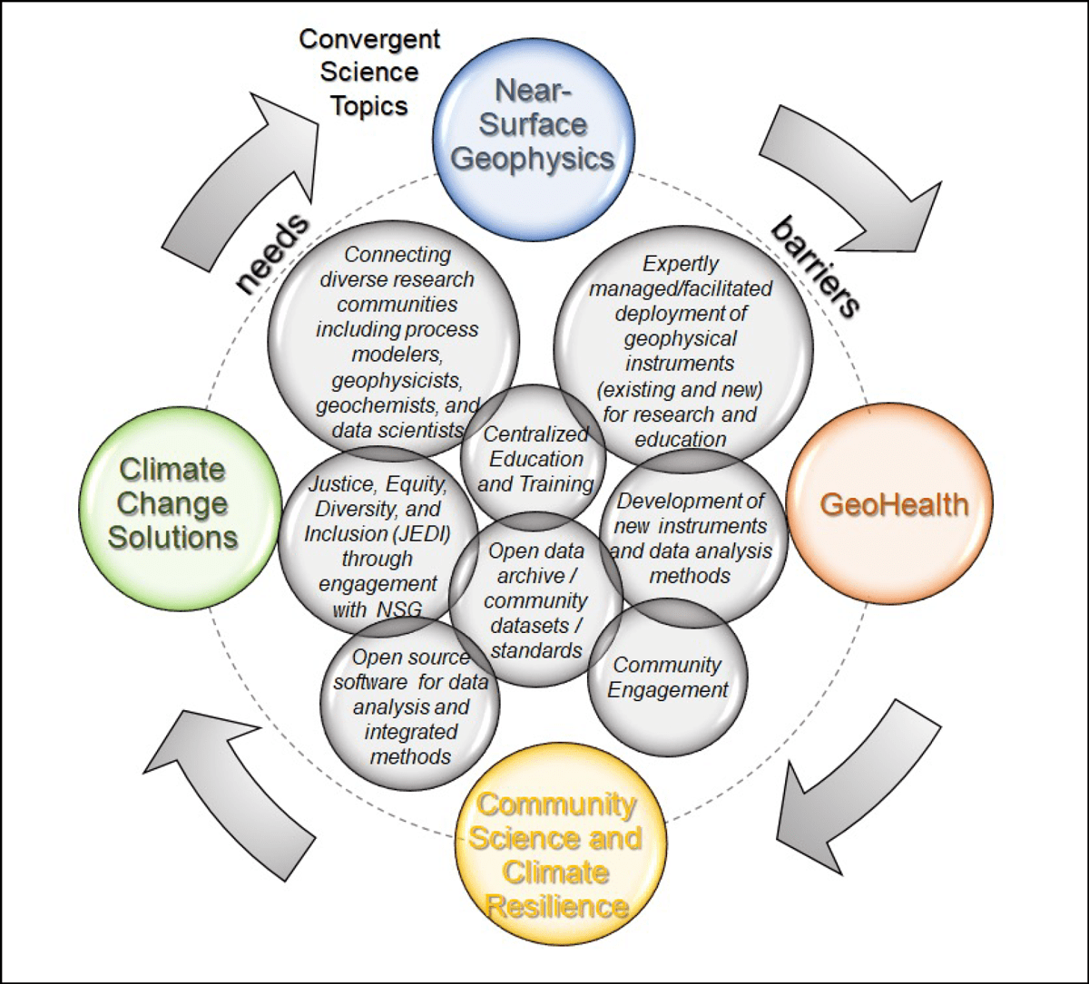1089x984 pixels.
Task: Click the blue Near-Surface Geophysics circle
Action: (533, 124)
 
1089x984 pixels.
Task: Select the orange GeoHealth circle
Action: (894, 504)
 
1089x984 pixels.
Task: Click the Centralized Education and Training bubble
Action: (535, 459)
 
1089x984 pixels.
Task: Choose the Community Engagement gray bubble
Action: (667, 677)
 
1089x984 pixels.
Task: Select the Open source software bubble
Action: (410, 706)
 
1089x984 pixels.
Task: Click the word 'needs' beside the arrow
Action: (272, 255)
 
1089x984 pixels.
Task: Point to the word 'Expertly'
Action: (680, 264)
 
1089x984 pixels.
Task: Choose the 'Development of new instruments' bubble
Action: (691, 538)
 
